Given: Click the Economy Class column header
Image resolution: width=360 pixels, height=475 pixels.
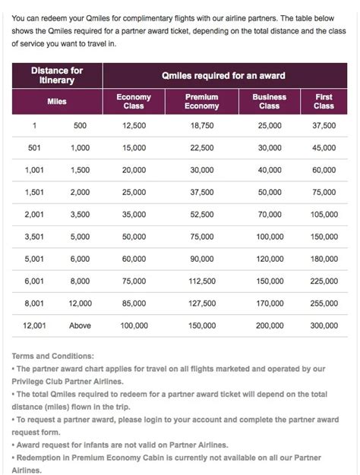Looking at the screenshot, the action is [x=134, y=102].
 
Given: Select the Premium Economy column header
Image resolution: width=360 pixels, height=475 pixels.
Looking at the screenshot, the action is [x=202, y=102].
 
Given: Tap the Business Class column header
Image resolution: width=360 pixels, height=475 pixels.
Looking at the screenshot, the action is [x=269, y=102].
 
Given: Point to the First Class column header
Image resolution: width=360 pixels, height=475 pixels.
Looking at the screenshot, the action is [x=324, y=102].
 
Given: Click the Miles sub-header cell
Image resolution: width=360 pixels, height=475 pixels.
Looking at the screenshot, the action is [x=57, y=102].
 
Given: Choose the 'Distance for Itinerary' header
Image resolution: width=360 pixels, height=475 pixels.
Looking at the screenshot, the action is [x=57, y=75].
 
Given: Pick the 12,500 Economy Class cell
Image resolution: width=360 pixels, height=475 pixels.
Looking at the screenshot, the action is [x=134, y=127].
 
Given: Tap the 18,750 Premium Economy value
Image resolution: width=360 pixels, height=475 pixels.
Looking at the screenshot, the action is [x=202, y=127].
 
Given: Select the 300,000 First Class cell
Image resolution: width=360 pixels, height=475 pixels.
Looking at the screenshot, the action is [x=324, y=326].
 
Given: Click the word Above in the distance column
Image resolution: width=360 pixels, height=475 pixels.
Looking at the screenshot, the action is [x=80, y=326].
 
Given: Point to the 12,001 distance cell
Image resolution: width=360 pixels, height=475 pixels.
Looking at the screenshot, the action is [x=35, y=326].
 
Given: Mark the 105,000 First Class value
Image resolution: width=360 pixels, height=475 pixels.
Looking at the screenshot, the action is [x=324, y=215].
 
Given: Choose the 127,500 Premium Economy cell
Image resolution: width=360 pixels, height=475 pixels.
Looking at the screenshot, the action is [x=202, y=304].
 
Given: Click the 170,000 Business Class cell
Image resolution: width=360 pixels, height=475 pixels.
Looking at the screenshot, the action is [x=269, y=304].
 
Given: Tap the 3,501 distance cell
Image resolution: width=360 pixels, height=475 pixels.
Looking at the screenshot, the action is [x=35, y=237].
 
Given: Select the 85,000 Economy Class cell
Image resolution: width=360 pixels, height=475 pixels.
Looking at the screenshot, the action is [x=134, y=304].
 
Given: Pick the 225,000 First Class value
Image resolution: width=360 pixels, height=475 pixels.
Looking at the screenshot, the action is [x=324, y=282].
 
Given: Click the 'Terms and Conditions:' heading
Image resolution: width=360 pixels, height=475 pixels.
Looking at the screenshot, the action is [x=53, y=355].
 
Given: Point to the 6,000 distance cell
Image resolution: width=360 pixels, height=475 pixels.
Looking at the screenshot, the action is [x=80, y=259].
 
